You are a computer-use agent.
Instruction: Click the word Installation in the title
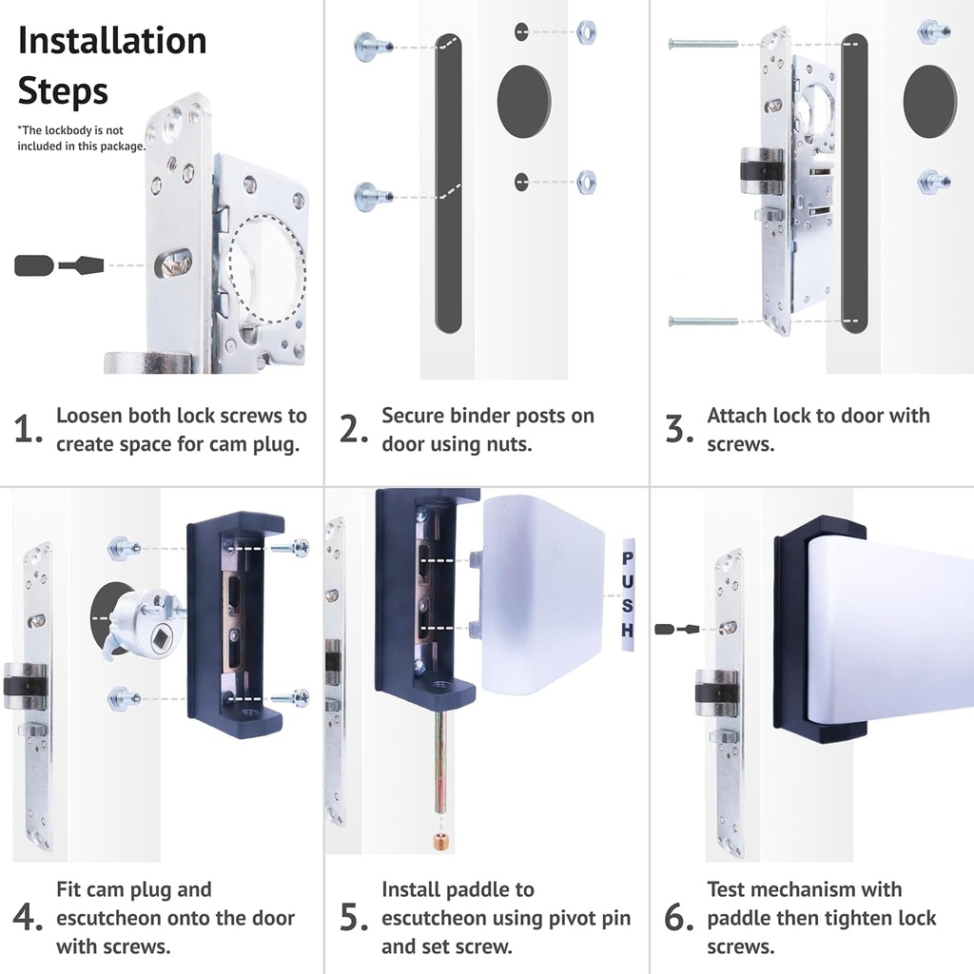coord(112,41)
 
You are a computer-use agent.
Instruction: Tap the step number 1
coord(28,429)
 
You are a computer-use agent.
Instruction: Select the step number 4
coord(28,917)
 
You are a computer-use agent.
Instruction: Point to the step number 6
coord(678,917)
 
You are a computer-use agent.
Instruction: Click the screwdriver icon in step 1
coord(59,265)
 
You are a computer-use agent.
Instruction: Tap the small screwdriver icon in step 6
coord(677,630)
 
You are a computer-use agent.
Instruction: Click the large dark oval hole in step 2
coord(524,102)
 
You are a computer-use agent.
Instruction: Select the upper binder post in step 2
coord(373,47)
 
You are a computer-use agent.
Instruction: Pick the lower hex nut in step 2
coord(586,182)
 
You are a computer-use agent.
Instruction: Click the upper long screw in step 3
coord(703,44)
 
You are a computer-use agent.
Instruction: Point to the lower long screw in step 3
coord(703,321)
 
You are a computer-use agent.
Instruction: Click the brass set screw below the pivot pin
coord(440,842)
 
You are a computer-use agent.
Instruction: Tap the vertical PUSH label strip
coord(628,594)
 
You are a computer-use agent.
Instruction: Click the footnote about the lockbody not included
coord(81,138)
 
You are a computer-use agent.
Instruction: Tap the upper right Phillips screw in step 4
coord(291,548)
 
